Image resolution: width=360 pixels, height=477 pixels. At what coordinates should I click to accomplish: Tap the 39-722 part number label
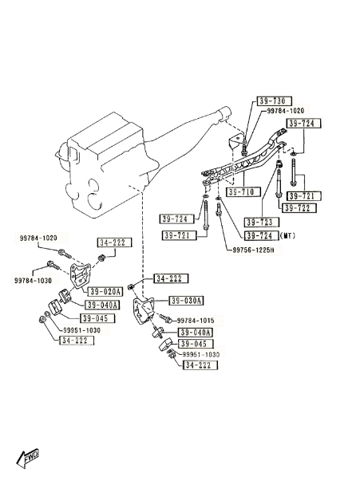[x=300, y=208]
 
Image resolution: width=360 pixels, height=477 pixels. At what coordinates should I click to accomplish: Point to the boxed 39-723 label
[x=262, y=222]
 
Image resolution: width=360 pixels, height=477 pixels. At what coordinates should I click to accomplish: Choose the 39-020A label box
[x=105, y=292]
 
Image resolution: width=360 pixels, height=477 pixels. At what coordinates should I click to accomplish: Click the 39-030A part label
[x=186, y=301]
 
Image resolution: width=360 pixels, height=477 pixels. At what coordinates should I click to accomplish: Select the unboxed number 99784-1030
[x=33, y=280]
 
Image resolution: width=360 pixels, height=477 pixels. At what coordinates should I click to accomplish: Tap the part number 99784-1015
[x=196, y=321]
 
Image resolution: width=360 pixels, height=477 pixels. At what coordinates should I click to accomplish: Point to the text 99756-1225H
[x=253, y=250]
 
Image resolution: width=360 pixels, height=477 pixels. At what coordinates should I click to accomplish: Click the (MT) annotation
[x=287, y=235]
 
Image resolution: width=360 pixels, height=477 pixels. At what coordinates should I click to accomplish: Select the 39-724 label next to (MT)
[x=262, y=236]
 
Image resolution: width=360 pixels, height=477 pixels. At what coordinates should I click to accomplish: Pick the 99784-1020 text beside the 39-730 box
[x=286, y=111]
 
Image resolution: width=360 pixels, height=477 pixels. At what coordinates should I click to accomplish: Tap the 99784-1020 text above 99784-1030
[x=38, y=238]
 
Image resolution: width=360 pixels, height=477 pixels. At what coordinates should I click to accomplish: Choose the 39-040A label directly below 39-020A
[x=102, y=305]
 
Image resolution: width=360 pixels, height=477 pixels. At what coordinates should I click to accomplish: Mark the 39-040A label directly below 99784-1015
[x=195, y=332]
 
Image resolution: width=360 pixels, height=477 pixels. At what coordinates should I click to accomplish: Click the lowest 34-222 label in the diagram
[x=200, y=365]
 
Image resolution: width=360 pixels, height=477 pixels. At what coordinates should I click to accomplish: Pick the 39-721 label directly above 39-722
[x=301, y=196]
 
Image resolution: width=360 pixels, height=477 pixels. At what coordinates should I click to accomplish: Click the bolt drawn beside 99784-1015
[x=165, y=319]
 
